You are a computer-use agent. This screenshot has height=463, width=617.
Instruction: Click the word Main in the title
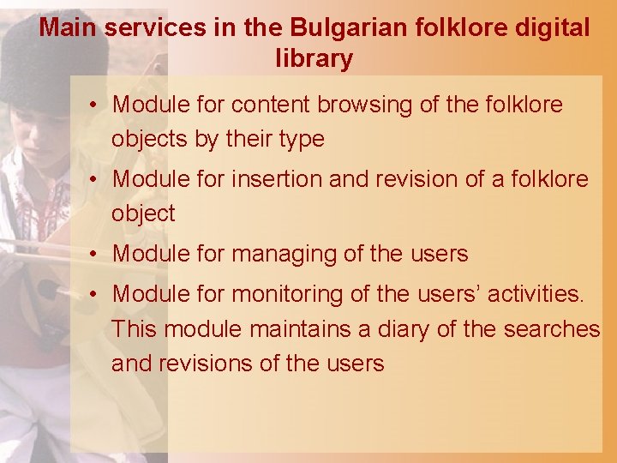tap(66, 27)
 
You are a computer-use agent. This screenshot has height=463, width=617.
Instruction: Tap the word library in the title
tap(314, 59)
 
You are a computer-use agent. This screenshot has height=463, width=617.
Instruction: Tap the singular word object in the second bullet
tap(143, 213)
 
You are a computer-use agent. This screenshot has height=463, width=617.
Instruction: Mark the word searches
tap(553, 328)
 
